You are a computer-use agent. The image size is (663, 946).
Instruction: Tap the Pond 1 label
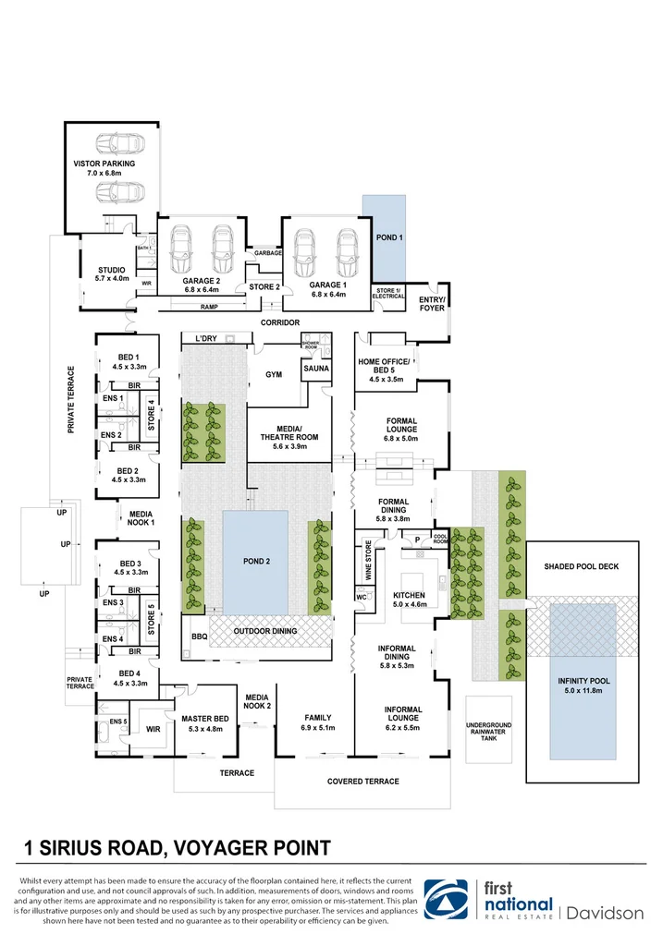click(x=389, y=238)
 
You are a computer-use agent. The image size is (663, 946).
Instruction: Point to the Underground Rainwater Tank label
click(x=488, y=732)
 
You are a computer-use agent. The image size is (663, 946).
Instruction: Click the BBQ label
click(x=199, y=637)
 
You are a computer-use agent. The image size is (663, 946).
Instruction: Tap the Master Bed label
click(x=204, y=719)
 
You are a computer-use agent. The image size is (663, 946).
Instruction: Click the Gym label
click(x=274, y=375)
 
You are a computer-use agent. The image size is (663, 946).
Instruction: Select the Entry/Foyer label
click(x=432, y=304)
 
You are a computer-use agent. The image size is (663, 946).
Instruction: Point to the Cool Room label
click(x=440, y=539)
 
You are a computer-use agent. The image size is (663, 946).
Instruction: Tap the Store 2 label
click(x=264, y=286)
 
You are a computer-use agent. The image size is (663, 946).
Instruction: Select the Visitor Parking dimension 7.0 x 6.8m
click(x=104, y=173)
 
